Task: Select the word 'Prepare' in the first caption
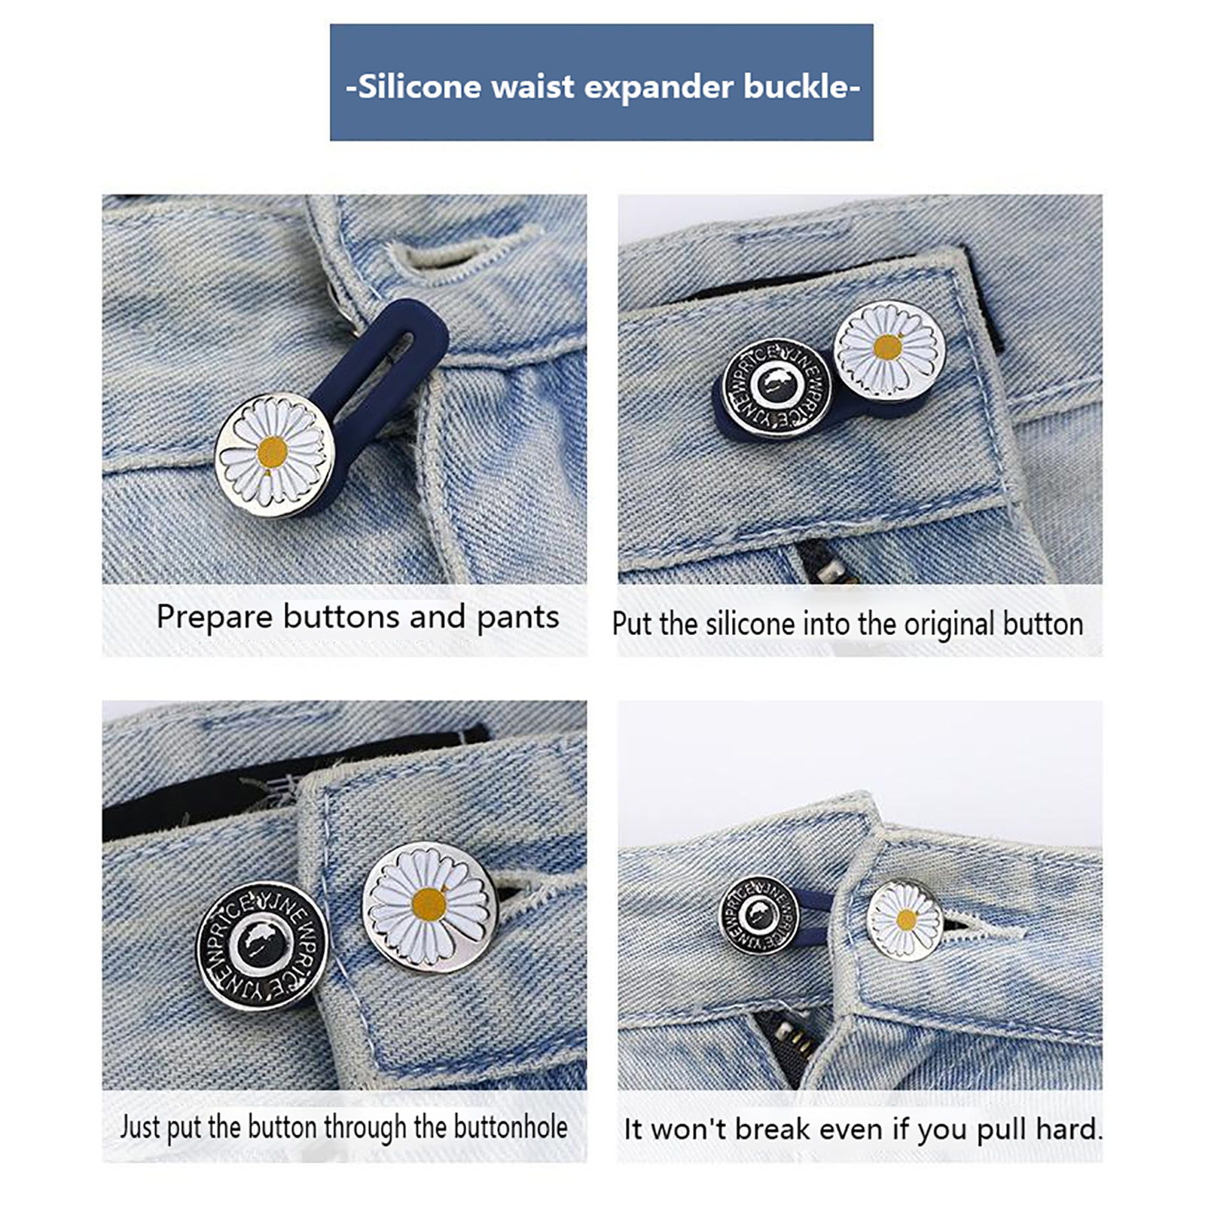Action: point(215,618)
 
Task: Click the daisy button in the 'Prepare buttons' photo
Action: point(274,455)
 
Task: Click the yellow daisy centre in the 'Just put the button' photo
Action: point(429,904)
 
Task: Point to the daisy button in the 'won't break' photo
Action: point(905,920)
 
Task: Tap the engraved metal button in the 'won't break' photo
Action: point(759,915)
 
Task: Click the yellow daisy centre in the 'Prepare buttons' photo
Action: point(273,453)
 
